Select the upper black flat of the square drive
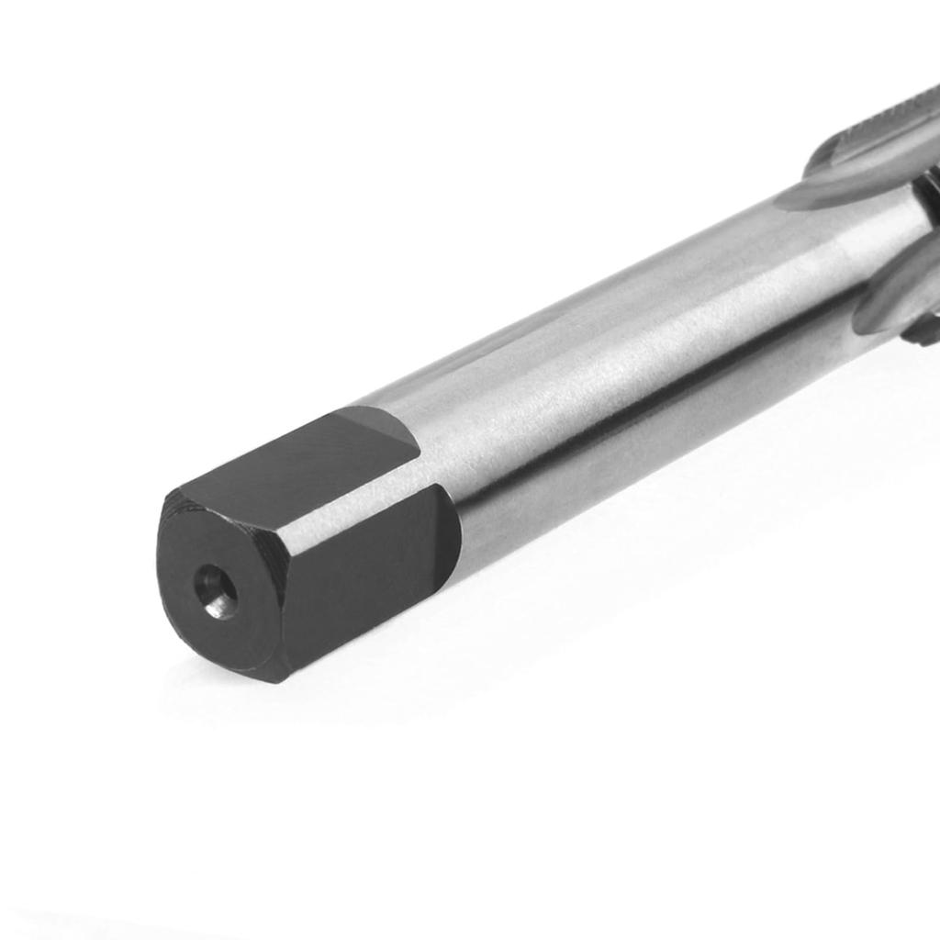294,464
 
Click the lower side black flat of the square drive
367,578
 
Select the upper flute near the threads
872,156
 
